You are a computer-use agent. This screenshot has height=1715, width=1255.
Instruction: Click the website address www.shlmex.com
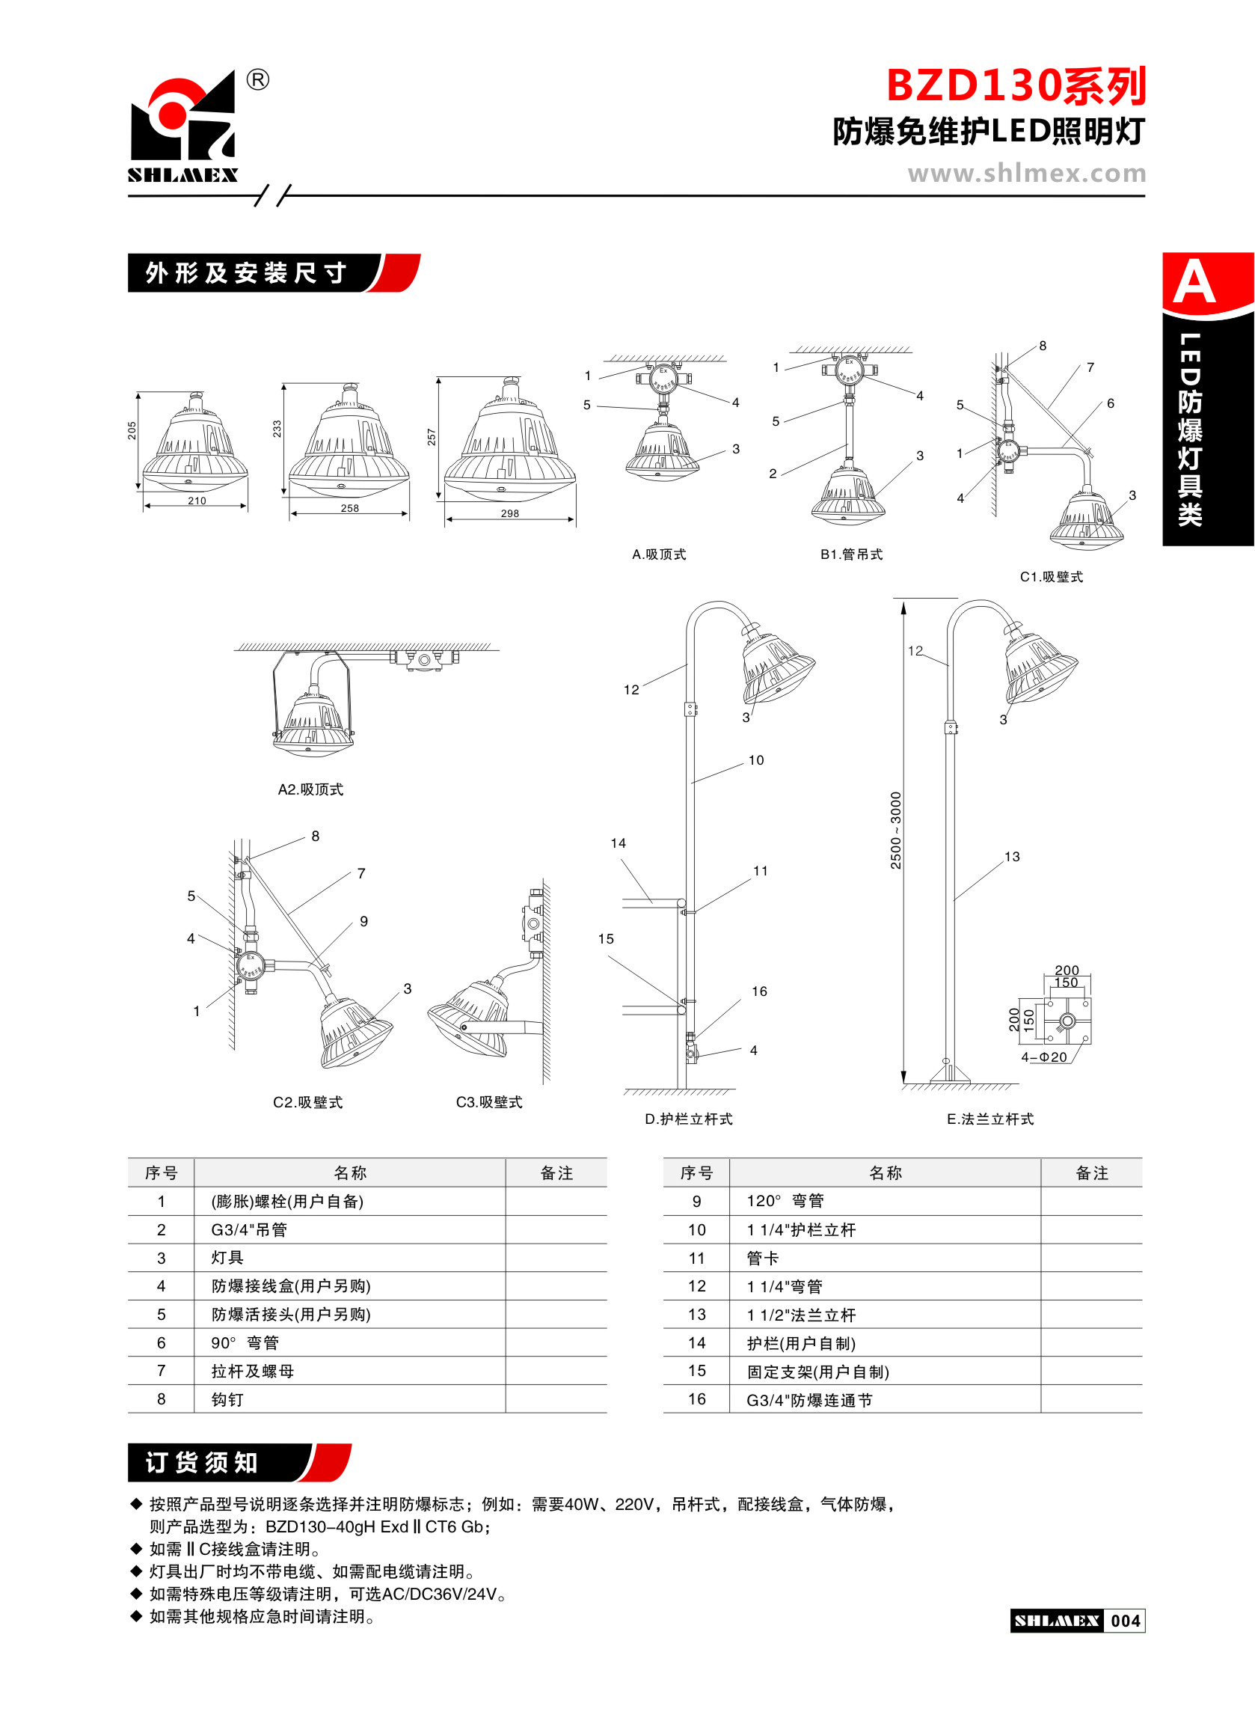click(1026, 174)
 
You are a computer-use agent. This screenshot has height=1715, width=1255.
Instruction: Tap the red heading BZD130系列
click(1016, 86)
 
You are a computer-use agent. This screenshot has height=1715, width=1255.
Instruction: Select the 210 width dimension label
click(197, 501)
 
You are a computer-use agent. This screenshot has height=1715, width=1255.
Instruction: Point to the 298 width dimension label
click(510, 513)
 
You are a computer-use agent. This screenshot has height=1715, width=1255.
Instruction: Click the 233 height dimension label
click(277, 429)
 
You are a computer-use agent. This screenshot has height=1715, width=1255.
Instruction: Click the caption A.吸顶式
click(659, 554)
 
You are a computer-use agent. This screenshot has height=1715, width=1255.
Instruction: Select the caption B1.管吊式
click(851, 554)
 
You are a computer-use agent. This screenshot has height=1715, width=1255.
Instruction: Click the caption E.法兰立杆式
click(990, 1119)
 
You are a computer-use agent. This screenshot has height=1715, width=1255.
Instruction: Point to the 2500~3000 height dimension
click(896, 831)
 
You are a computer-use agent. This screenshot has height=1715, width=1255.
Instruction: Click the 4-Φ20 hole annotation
click(1044, 1057)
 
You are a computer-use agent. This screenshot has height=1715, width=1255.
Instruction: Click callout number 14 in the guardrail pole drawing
click(619, 843)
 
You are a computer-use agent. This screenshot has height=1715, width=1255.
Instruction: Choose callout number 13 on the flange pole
click(1012, 857)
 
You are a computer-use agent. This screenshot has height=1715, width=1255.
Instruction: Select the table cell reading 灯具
click(227, 1258)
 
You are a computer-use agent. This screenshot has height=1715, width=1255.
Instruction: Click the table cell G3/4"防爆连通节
click(809, 1400)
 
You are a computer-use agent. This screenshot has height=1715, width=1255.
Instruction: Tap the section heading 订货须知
click(202, 1463)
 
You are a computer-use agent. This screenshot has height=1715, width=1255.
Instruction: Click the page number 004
click(1125, 1621)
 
